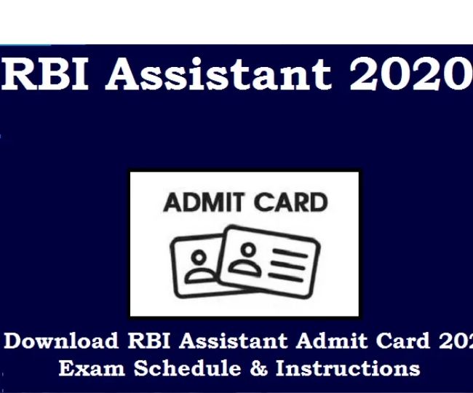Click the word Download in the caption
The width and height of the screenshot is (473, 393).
coord(61,341)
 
